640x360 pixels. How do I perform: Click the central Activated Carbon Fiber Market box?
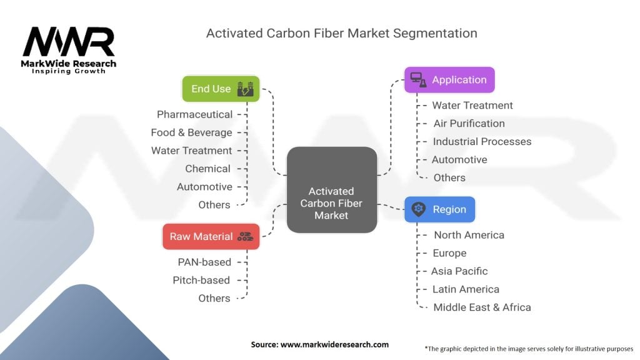point(331,190)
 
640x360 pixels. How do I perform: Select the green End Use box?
point(221,89)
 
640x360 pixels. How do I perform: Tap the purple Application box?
point(449,80)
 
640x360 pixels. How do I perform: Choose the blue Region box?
point(439,209)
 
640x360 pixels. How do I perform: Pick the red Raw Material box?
point(210,237)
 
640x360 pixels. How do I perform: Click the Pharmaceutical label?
point(194,114)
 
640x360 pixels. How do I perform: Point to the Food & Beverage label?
point(191,132)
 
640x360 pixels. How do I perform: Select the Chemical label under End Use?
point(207,169)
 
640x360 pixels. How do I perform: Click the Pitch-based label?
point(201,281)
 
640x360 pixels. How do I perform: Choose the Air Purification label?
point(469,124)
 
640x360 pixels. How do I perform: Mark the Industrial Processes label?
point(482,142)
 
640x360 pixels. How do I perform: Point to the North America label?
point(469,235)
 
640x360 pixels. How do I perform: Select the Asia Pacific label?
point(459,271)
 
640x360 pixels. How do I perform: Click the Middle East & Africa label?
point(482,307)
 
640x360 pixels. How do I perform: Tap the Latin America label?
point(466,289)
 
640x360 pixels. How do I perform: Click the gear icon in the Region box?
point(418,209)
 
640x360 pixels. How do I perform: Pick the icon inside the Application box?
point(418,80)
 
